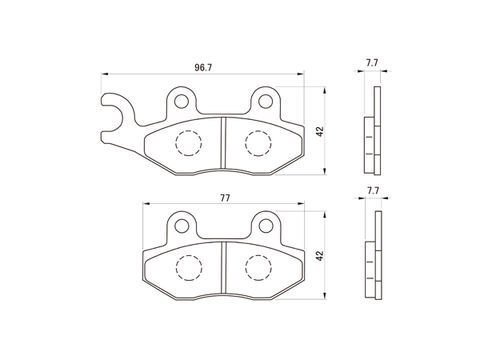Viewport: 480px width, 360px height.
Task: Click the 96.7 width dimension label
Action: pos(203,68)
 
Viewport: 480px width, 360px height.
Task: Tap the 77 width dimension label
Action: pos(225,198)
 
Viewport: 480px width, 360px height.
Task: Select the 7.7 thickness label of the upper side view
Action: pos(372,63)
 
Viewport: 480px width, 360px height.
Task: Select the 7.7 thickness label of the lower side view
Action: pos(373,191)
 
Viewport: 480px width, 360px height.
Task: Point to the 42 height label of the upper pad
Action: pos(320,131)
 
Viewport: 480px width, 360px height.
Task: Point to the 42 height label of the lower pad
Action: pos(320,256)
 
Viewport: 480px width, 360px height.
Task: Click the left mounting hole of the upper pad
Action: pos(181,101)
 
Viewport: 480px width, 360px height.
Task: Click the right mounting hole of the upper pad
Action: pos(266,101)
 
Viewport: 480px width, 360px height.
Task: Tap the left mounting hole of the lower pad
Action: pos(182,226)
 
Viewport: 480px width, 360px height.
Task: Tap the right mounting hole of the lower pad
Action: pos(266,226)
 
